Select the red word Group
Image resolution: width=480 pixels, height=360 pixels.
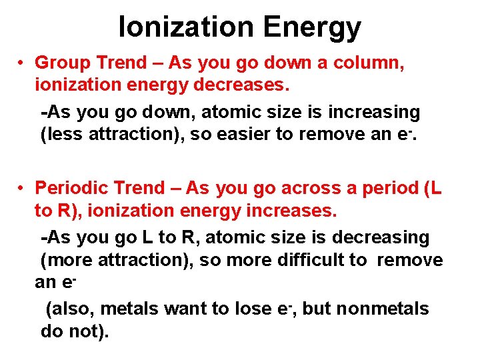click(63, 63)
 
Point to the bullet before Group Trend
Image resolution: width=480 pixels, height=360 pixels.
click(22, 63)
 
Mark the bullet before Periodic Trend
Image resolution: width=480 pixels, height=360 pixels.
click(22, 189)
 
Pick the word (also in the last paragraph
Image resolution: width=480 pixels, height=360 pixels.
click(67, 309)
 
